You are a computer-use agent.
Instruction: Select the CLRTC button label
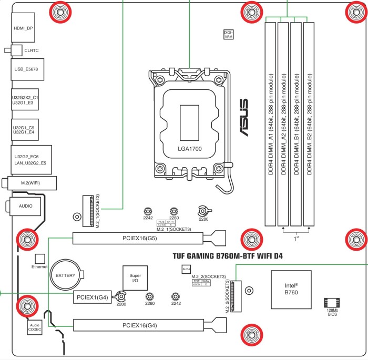point(32,50)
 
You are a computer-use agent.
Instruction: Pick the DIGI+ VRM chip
point(229,35)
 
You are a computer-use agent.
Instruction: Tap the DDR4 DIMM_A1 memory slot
point(270,124)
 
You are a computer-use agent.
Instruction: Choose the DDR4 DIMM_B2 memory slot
point(309,124)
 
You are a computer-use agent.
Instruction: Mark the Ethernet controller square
point(39,259)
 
